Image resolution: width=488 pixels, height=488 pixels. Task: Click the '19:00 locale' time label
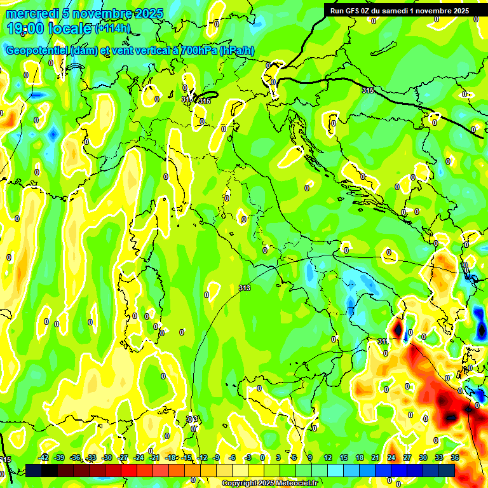48,28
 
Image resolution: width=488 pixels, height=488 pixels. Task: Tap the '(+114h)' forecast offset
112,28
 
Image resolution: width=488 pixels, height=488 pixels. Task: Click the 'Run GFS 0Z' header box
397,10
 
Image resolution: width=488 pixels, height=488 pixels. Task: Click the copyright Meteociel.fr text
269,483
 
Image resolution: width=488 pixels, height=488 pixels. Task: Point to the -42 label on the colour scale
44,457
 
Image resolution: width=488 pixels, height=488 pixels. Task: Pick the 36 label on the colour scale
455,457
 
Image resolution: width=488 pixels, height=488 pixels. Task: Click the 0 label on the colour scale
262,457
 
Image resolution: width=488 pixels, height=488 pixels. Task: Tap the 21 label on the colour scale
376,457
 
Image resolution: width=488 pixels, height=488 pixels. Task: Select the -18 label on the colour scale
170,457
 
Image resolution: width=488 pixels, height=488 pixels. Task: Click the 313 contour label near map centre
244,288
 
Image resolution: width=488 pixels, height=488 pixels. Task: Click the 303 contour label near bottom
192,419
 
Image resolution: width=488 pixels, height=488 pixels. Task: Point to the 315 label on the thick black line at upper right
368,91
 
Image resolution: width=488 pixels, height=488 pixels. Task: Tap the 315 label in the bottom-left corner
6,459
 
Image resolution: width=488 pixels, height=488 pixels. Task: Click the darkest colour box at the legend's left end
34,470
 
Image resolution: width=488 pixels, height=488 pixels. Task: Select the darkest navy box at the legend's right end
447,470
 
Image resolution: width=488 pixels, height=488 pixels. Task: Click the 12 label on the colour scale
328,457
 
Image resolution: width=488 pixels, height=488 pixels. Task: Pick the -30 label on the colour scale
107,457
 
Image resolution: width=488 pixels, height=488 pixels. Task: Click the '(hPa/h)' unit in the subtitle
237,51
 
